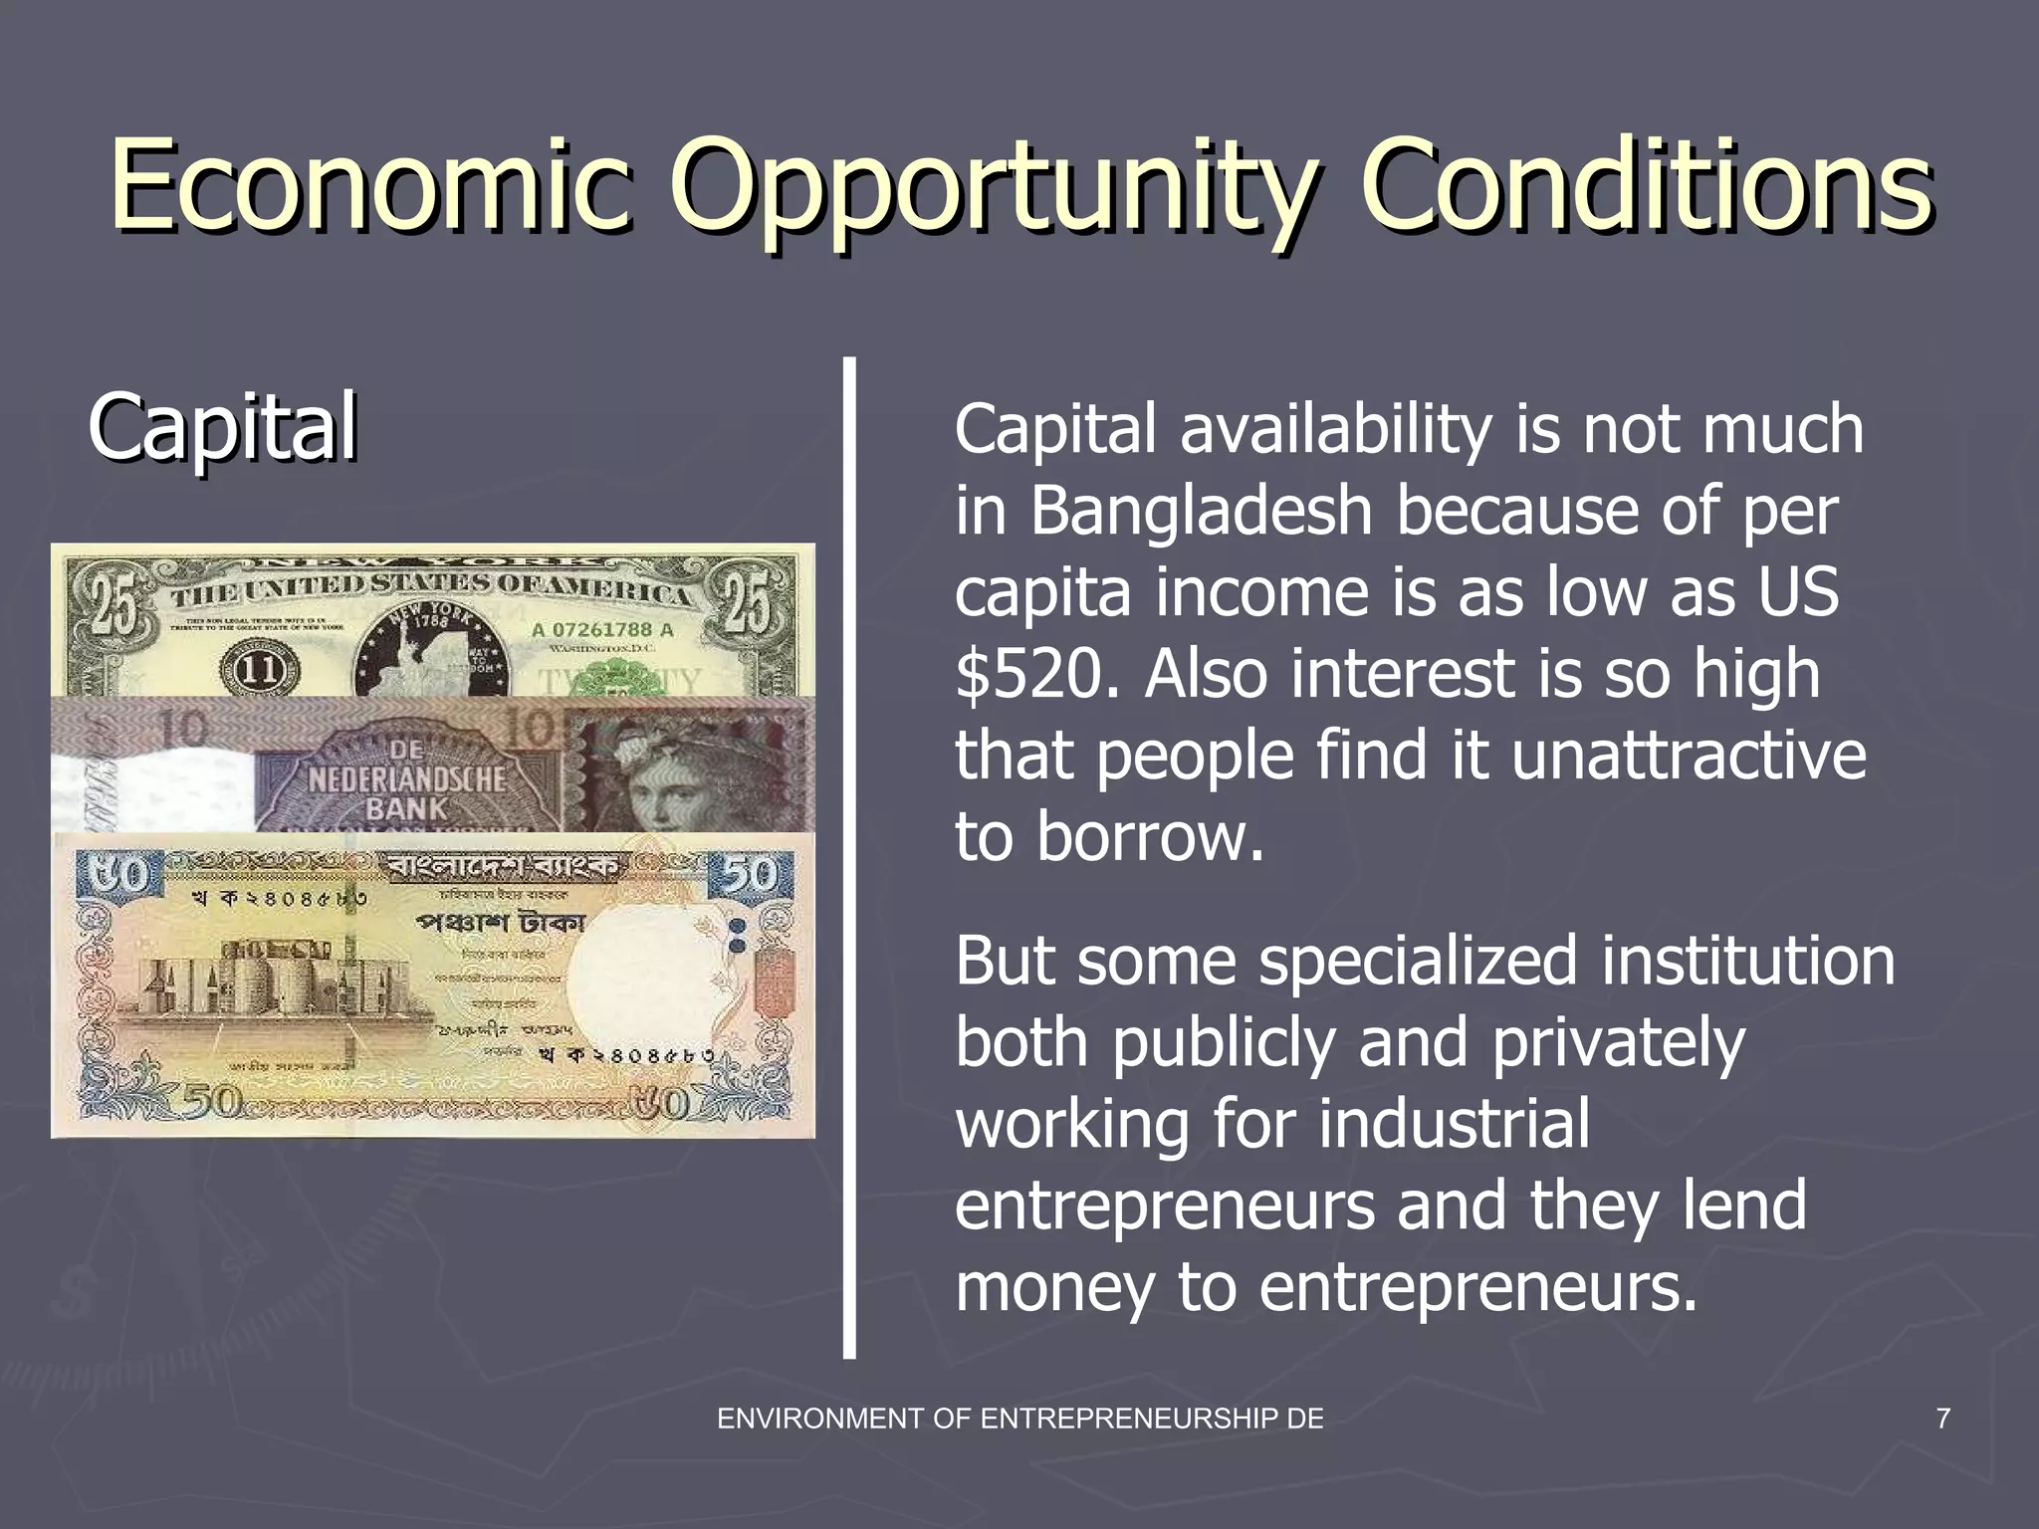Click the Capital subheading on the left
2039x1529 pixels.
222,428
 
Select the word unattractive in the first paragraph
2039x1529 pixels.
1689,757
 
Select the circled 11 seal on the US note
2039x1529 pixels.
262,667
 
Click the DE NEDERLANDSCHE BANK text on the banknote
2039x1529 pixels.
406,778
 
